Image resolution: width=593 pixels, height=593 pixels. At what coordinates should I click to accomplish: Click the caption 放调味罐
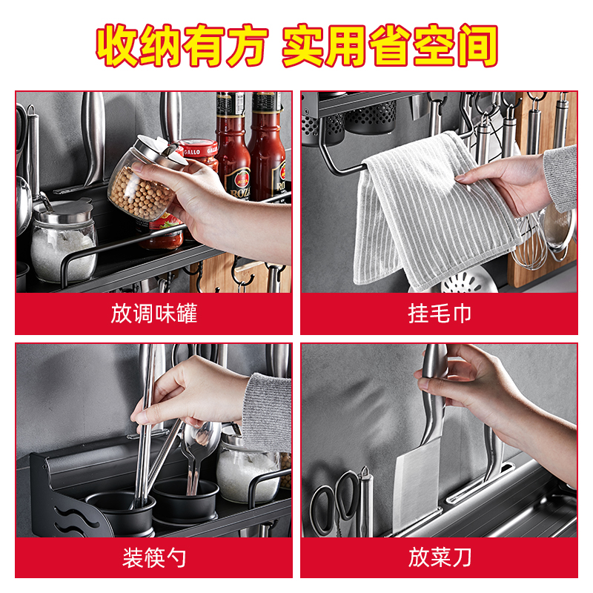coord(154,314)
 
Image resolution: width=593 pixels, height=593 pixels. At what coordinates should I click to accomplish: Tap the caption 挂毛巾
coord(440,314)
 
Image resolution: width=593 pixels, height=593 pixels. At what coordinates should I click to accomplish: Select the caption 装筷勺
coord(154,558)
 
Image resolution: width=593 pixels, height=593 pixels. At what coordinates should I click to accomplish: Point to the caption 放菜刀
coord(440,558)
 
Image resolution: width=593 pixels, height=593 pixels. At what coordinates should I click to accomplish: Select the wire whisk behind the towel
coord(529,242)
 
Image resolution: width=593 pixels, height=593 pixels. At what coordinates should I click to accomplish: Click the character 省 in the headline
coord(390,45)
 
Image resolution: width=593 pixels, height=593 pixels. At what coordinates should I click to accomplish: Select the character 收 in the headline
coord(117,45)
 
